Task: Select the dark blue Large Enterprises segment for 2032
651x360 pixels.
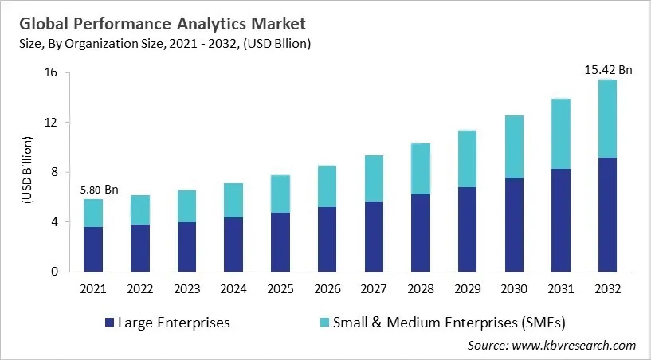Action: (606, 214)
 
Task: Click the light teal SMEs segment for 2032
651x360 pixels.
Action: (606, 119)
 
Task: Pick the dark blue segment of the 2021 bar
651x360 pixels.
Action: (94, 249)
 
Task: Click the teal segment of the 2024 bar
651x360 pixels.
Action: (233, 200)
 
